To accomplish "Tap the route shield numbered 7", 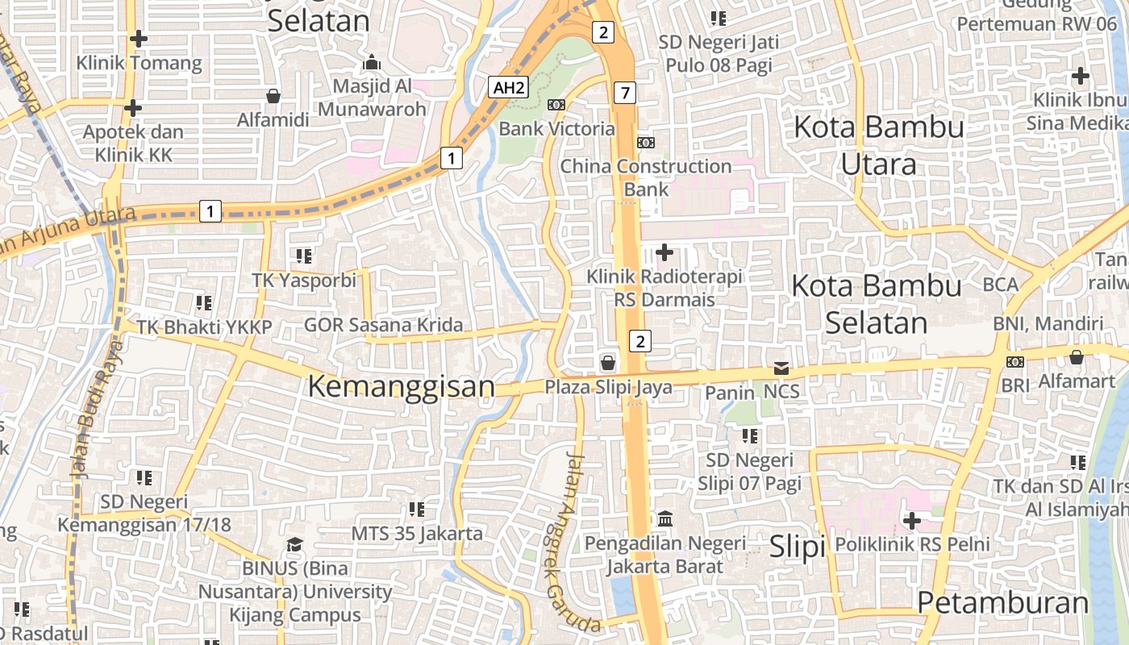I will tap(623, 93).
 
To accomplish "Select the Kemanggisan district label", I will tap(401, 386).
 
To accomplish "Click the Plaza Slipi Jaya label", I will tap(608, 387).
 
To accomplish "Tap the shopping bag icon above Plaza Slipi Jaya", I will tap(607, 363).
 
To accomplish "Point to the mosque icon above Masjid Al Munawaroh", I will tap(371, 62).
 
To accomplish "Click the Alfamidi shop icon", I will tap(273, 97).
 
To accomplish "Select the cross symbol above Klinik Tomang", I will tap(139, 38).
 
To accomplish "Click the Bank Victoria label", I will tap(556, 129).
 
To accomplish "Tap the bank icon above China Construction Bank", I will tap(646, 143).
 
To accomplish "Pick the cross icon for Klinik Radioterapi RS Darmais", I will tap(664, 252).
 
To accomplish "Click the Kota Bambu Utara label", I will tap(878, 145).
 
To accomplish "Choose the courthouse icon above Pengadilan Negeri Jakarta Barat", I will tap(665, 518).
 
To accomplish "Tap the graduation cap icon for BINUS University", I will tap(295, 544).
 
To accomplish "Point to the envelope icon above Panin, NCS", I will tap(781, 368).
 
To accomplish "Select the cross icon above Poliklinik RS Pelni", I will tap(912, 521).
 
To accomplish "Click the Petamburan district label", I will tap(1003, 603).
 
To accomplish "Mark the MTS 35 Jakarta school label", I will tap(417, 534).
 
